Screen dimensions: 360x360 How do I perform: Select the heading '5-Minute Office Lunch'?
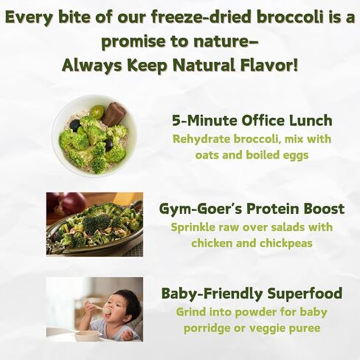pyautogui.click(x=252, y=120)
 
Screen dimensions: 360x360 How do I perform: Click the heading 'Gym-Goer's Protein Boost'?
pyautogui.click(x=252, y=209)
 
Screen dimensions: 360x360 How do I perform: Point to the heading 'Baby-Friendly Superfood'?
pyautogui.click(x=252, y=294)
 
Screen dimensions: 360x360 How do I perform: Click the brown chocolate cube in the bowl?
pyautogui.click(x=114, y=114)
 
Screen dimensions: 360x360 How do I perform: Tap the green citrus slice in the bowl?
pyautogui.click(x=95, y=112)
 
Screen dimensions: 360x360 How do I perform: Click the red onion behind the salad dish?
pyautogui.click(x=72, y=203)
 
